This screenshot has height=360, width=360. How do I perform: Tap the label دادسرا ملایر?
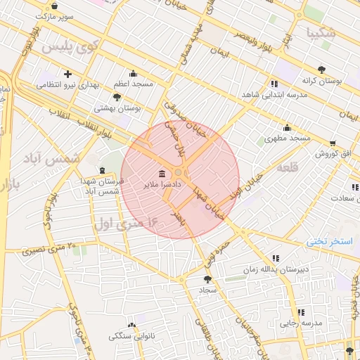point(162,185)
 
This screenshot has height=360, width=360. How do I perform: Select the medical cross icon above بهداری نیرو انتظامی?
point(67,73)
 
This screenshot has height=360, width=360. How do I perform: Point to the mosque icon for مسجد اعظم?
point(133,73)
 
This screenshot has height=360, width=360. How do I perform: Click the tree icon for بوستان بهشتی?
point(117,97)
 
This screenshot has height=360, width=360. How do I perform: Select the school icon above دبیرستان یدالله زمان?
point(275,258)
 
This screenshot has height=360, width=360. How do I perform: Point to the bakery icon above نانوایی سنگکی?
point(131,324)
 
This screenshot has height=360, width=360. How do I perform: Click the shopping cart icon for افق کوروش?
point(332,142)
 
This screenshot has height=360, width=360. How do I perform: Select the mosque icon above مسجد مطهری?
point(286,127)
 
